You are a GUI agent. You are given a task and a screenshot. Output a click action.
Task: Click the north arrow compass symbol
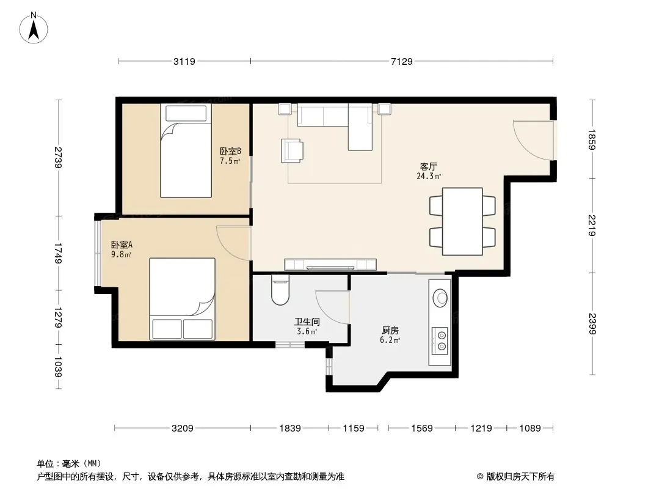coord(34,28)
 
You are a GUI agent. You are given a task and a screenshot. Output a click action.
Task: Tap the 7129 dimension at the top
coord(402,62)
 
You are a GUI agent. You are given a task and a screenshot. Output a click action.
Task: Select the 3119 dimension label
coord(184,62)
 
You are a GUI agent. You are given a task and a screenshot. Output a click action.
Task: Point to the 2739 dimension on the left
coord(58,158)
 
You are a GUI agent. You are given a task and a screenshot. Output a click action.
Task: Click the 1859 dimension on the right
coord(592,139)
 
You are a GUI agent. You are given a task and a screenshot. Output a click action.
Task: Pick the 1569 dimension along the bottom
coord(422,428)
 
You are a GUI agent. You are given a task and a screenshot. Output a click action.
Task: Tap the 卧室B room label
coord(230,151)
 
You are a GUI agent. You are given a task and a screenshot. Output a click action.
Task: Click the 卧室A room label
coord(122,245)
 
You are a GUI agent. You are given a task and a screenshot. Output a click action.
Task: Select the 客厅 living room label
coord(429,167)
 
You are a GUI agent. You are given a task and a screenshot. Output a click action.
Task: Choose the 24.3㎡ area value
coord(429,176)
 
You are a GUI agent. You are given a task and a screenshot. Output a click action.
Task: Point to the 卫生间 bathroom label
coord(307,322)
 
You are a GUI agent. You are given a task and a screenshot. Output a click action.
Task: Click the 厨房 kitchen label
coord(390,331)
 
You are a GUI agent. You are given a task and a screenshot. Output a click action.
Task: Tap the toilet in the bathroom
coord(280,290)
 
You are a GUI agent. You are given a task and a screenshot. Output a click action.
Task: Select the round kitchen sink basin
coord(440,298)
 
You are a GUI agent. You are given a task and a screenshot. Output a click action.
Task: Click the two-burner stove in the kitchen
coord(440,340)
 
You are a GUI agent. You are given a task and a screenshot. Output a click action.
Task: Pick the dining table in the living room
coord(462,221)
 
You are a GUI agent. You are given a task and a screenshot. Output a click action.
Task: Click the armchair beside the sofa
coord(292,150)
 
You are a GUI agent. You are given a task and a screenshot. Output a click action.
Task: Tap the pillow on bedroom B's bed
coord(186,114)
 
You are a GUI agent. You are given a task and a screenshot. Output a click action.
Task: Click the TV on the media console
coord(330,268)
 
